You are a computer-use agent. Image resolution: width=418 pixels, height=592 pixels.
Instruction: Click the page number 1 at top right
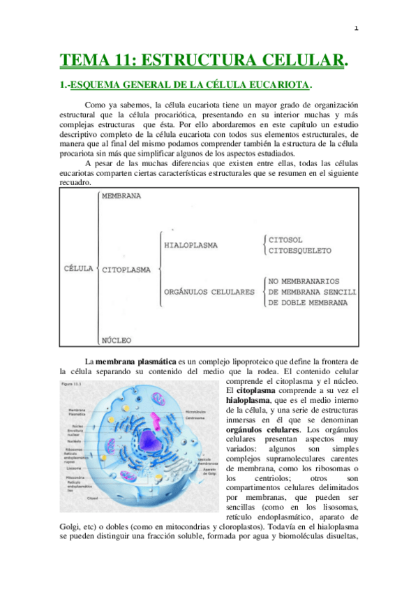356,29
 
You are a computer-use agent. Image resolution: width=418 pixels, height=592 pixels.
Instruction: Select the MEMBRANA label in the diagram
121,196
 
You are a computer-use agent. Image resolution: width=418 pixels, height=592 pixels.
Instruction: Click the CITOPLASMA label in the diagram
128,269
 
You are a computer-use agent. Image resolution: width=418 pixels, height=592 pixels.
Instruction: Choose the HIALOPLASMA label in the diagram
191,246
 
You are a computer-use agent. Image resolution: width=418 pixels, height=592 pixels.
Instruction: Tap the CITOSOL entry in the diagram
288,239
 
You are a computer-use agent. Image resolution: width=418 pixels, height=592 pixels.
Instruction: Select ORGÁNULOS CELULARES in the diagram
209,293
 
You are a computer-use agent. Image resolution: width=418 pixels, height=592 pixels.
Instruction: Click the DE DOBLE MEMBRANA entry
308,303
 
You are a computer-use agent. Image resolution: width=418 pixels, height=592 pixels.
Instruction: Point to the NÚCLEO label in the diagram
117,341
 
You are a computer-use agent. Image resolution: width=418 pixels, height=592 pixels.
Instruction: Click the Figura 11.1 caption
72,384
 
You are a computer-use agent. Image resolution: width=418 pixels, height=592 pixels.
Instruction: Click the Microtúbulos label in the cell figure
196,413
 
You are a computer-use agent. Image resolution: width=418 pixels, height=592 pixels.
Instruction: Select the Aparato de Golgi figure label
210,471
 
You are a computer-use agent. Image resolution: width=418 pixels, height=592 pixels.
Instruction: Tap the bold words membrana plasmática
136,361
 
